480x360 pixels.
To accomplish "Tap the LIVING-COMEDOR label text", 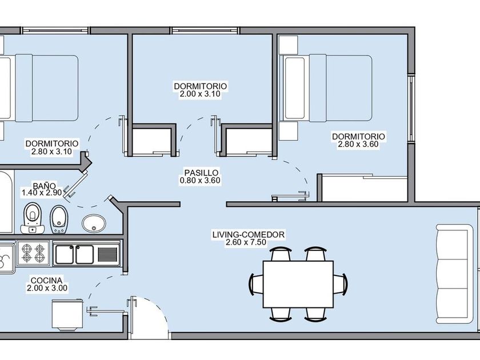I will tap(248, 234).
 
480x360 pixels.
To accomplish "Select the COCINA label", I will tap(47, 281).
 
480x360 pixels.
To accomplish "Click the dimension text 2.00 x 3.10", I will tap(200, 94).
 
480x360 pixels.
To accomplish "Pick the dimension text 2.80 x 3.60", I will tap(358, 144).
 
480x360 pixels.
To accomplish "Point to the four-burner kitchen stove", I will tap(33, 253).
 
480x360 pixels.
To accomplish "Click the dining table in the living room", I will tap(298, 283).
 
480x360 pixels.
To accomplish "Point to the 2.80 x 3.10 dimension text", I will tap(52, 151).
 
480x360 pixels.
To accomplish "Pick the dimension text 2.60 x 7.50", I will tap(248, 242).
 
